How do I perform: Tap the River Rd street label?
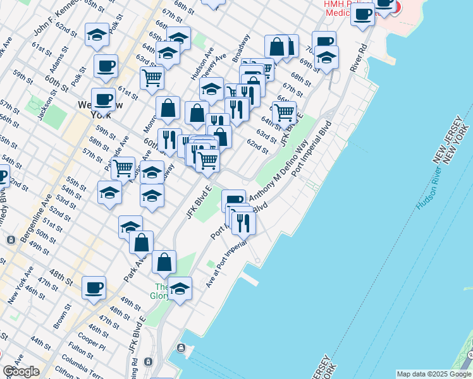[360, 58]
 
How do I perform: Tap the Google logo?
[21, 372]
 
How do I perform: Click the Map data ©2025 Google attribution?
[434, 374]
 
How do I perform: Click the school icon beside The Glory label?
[180, 289]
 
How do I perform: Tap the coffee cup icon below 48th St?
[94, 287]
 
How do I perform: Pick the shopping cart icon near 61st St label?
[152, 78]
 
